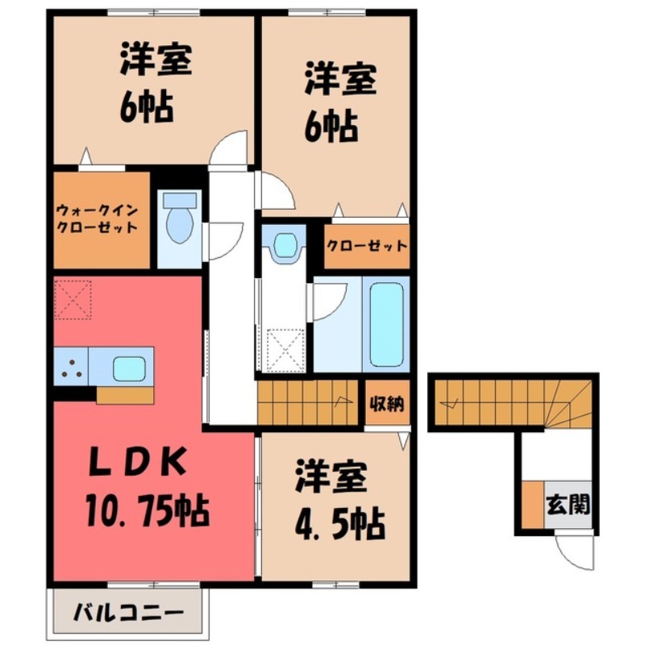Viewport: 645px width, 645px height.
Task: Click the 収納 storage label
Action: point(385,402)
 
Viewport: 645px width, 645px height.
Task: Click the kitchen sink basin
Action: point(129,368)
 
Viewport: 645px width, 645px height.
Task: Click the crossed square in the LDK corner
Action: point(73,299)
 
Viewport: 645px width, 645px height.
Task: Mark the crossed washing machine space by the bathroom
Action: point(283,348)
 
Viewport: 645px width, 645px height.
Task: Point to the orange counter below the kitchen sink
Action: point(124,396)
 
